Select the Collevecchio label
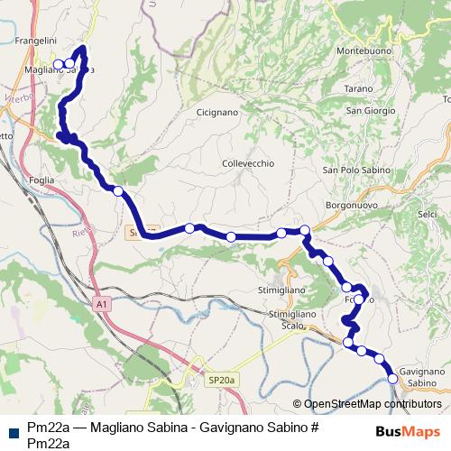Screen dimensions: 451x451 pyautogui.click(x=248, y=163)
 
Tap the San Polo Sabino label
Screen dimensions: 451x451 pyautogui.click(x=357, y=170)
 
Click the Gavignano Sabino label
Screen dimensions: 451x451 pyautogui.click(x=422, y=377)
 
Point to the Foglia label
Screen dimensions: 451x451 pyautogui.click(x=41, y=179)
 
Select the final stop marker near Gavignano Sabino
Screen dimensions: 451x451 pyautogui.click(x=393, y=379)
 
